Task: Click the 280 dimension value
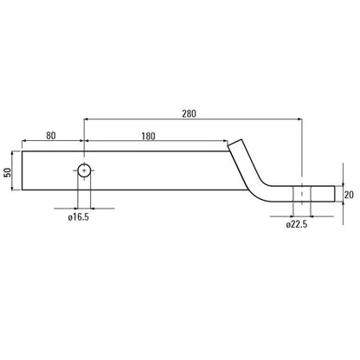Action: [x=189, y=113]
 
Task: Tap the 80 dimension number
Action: [x=51, y=136]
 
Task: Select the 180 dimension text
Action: [x=148, y=136]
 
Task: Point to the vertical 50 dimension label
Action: [x=8, y=172]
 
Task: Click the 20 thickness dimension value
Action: [x=349, y=195]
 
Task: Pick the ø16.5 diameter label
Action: [x=79, y=217]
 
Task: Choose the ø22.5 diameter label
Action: [x=297, y=224]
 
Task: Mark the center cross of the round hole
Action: [x=84, y=170]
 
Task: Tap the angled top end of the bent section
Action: [x=235, y=142]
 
